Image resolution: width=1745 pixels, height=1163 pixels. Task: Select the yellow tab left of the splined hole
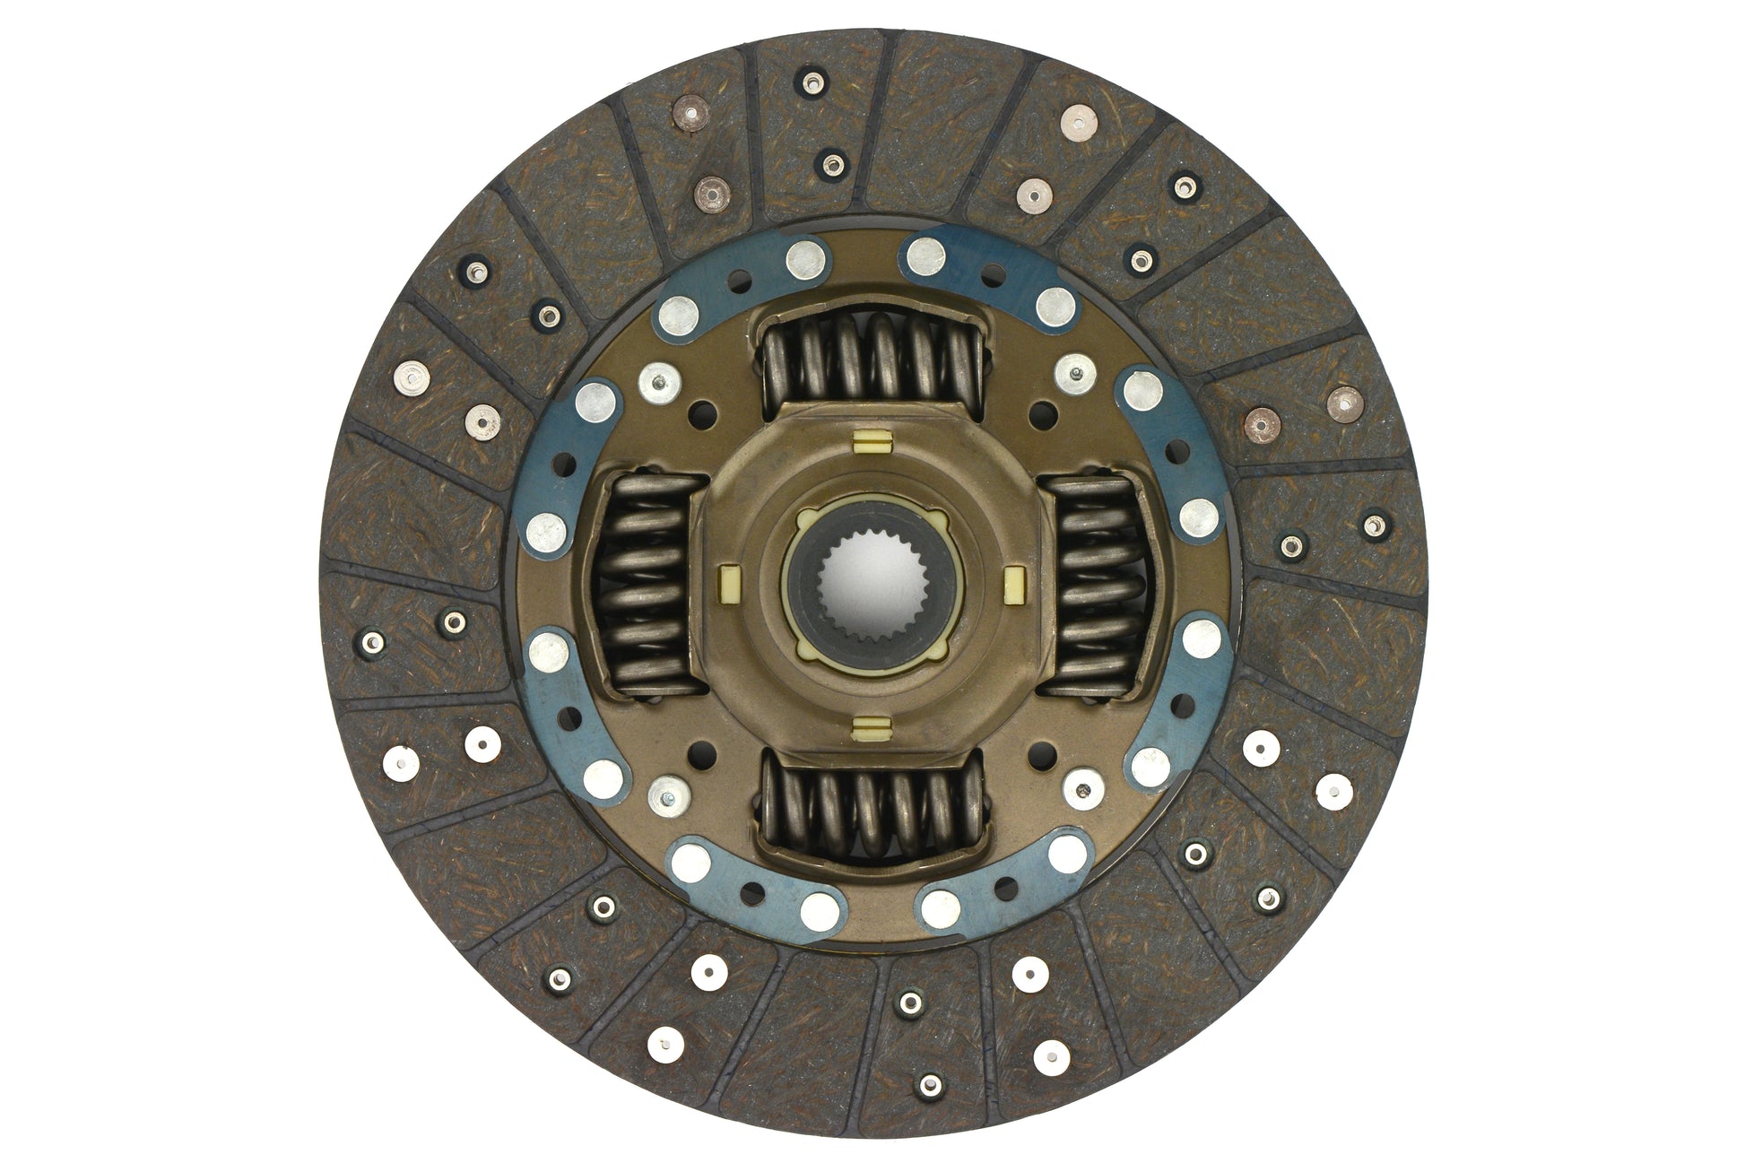click(x=730, y=584)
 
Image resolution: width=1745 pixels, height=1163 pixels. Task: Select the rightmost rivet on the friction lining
click(x=1373, y=525)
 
